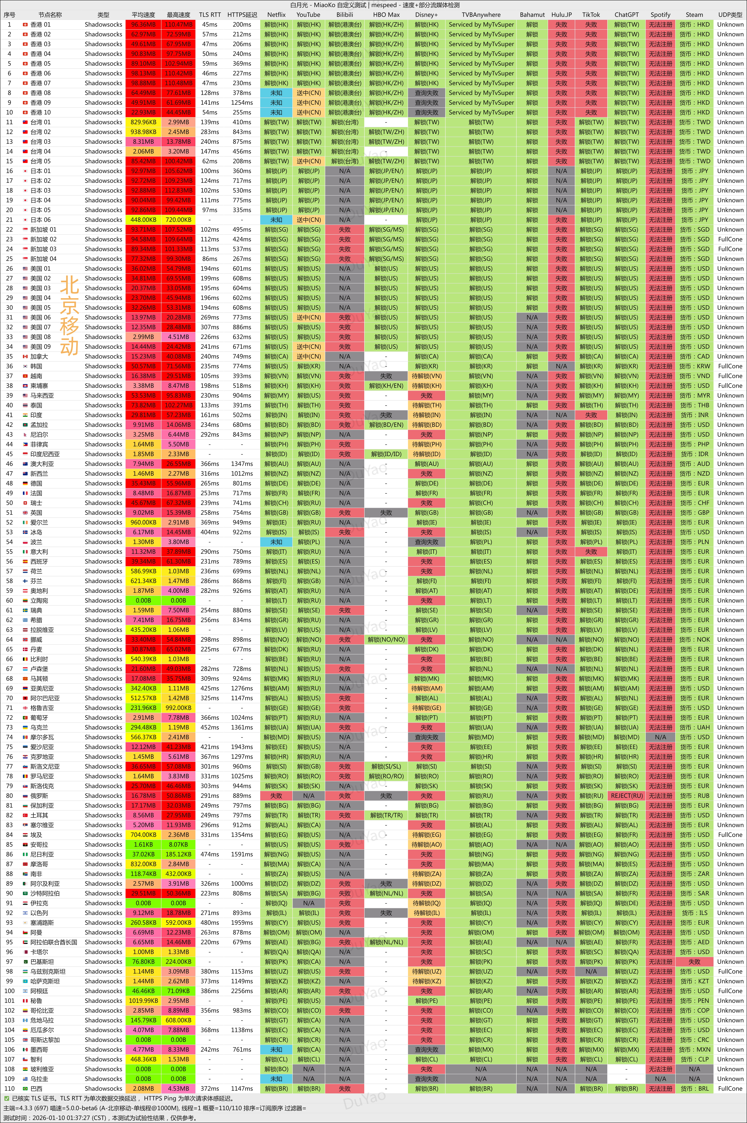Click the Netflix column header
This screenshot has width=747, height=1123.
tap(276, 15)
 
